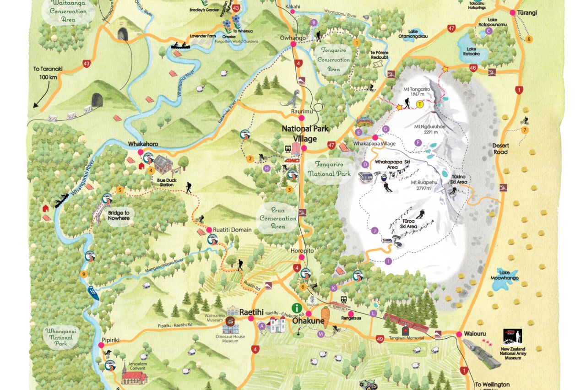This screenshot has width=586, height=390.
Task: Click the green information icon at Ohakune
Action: pos(298,309)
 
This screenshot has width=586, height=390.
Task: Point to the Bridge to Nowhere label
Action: pos(119,216)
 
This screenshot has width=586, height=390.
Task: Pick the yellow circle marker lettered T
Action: pos(420,104)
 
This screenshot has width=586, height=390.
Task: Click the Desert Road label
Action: pos(500,149)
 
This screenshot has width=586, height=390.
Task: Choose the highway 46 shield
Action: pos(473,68)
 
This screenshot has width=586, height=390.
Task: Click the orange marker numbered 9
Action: pos(83,274)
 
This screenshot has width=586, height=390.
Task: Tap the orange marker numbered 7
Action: pos(525,130)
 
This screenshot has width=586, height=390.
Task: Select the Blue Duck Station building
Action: pos(163,163)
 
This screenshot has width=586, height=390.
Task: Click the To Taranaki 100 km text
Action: pos(48,73)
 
